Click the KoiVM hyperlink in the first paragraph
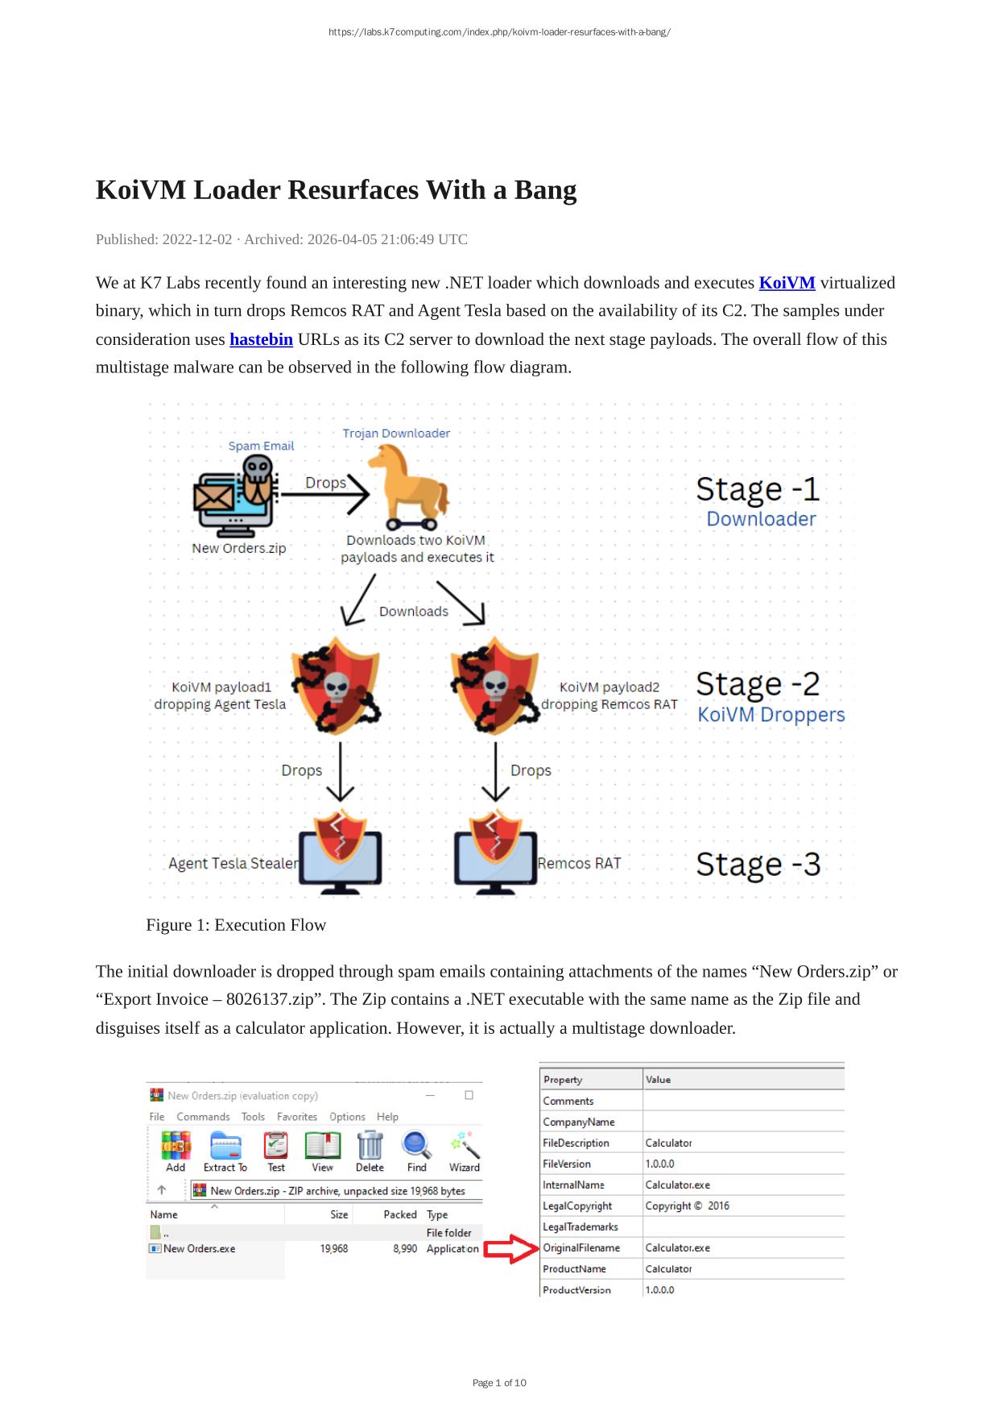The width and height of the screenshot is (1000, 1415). pyautogui.click(x=787, y=283)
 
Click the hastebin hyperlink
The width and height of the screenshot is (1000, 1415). pyautogui.click(x=261, y=339)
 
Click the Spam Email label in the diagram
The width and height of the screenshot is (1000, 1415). pyautogui.click(x=261, y=446)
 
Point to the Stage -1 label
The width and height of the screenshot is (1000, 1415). pyautogui.click(x=757, y=489)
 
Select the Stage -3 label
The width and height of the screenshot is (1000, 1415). pyautogui.click(x=758, y=864)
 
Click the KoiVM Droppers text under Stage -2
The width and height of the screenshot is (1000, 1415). pyautogui.click(x=771, y=715)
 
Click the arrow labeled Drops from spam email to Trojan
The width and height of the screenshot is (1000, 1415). pyautogui.click(x=324, y=495)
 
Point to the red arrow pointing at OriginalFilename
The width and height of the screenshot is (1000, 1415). pyautogui.click(x=510, y=1248)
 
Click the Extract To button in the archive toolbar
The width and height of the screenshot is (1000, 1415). pyautogui.click(x=225, y=1152)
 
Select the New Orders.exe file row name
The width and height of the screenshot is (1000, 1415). pyautogui.click(x=199, y=1248)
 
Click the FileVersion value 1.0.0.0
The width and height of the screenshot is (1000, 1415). pyautogui.click(x=659, y=1164)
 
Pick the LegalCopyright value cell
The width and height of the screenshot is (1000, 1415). pyautogui.click(x=687, y=1205)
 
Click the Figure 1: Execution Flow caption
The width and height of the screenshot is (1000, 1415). pyautogui.click(x=236, y=925)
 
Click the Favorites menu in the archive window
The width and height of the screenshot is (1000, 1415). pyautogui.click(x=296, y=1117)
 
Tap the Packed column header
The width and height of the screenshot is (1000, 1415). pyautogui.click(x=399, y=1214)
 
